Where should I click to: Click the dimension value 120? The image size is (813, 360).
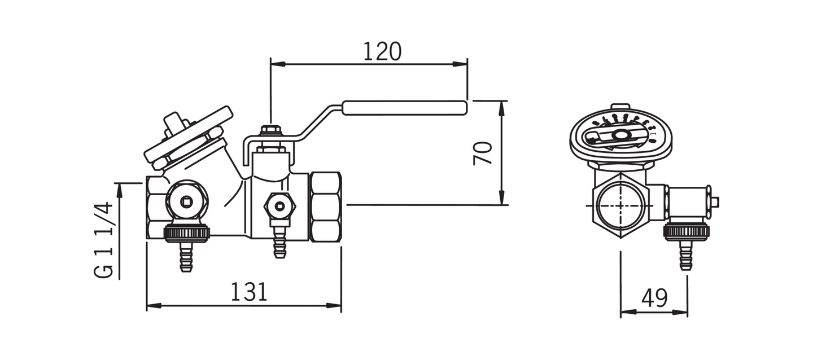(x=382, y=51)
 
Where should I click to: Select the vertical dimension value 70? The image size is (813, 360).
(x=483, y=153)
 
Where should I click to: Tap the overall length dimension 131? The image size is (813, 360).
(x=249, y=292)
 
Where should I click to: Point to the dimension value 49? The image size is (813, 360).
(x=654, y=298)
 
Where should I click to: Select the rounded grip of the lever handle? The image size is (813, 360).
(x=405, y=108)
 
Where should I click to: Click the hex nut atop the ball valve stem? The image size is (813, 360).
(x=271, y=130)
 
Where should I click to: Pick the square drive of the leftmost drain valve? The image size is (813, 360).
(x=187, y=201)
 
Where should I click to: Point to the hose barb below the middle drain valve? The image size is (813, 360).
(x=279, y=244)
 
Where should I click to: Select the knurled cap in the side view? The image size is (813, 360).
(x=186, y=232)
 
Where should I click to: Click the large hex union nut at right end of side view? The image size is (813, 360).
(x=326, y=207)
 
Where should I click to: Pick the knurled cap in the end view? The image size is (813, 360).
(x=686, y=231)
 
